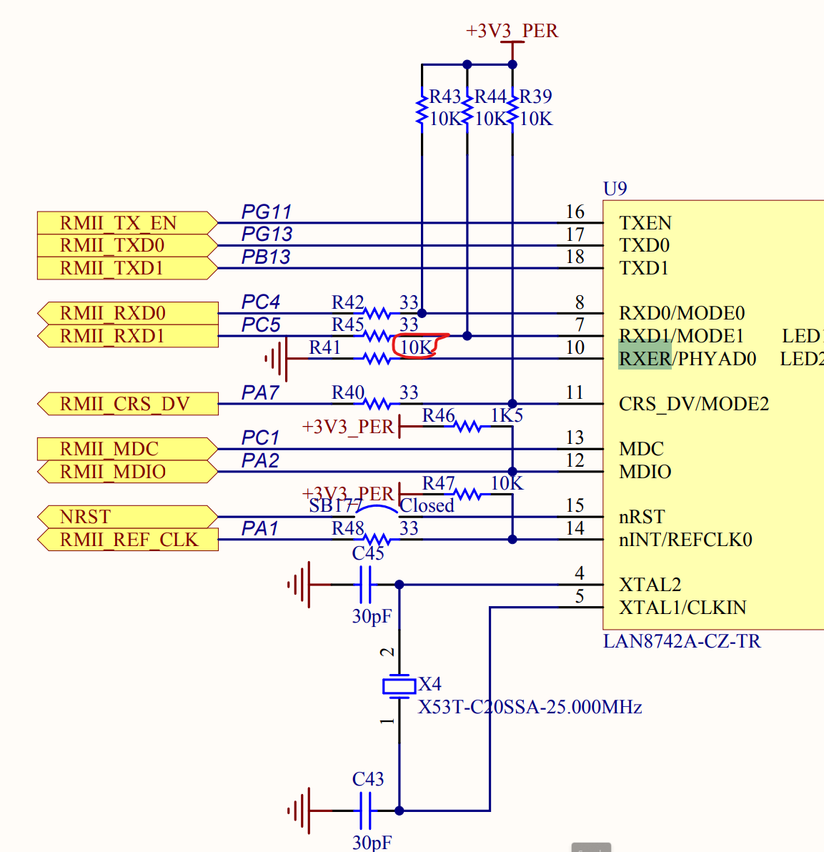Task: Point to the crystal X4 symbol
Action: point(399,686)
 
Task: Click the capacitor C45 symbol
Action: point(365,585)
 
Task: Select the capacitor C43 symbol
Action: point(365,811)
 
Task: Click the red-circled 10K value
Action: point(417,347)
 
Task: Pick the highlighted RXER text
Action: point(645,358)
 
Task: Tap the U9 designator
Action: point(615,189)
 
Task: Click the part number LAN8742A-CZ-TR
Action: point(682,641)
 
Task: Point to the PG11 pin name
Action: point(266,212)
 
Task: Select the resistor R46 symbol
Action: point(468,427)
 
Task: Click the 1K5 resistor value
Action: point(507,415)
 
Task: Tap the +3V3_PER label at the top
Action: point(512,31)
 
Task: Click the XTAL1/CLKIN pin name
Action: point(682,608)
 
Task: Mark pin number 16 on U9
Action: point(575,212)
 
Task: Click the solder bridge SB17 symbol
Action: point(377,509)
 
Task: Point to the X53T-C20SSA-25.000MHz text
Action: point(530,708)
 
